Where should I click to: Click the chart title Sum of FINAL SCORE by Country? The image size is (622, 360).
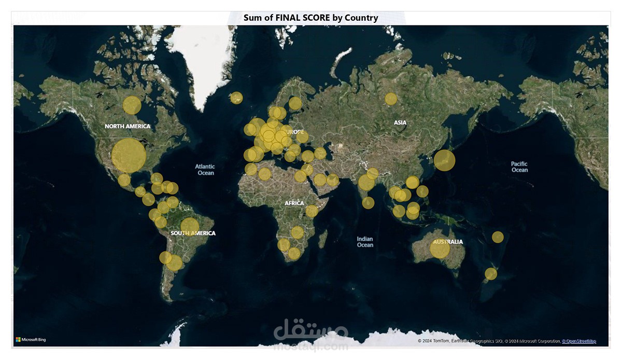tap(311, 18)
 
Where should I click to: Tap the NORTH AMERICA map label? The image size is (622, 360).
tap(128, 126)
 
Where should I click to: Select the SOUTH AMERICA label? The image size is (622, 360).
tap(193, 233)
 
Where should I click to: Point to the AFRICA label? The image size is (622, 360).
tap(294, 203)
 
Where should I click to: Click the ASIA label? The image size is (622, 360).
tap(400, 122)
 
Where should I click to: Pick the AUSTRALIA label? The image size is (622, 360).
tap(448, 242)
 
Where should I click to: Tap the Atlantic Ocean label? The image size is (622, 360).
tap(205, 170)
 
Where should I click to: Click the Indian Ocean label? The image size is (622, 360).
tap(365, 242)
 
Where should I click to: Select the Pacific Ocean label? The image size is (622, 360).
tap(519, 167)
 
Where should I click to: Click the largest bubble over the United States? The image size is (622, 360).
tap(129, 156)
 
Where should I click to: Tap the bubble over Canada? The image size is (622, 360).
tap(132, 105)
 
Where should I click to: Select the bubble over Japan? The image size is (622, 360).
tap(444, 160)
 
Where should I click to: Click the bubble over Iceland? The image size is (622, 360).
tap(236, 98)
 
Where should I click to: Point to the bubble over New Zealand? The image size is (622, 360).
tap(491, 273)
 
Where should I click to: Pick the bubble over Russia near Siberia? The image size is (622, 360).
tap(391, 99)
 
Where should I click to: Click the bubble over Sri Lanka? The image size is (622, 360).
tap(368, 203)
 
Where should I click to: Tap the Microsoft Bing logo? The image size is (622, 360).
tap(31, 340)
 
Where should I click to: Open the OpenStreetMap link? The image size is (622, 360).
tap(579, 341)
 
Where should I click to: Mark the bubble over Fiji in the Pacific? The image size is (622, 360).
tap(498, 237)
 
